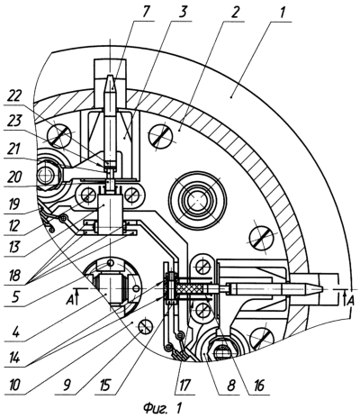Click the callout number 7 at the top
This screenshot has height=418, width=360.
pyautogui.click(x=145, y=12)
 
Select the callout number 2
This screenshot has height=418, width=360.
pyautogui.click(x=235, y=12)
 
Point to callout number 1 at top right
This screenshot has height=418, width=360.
pyautogui.click(x=282, y=12)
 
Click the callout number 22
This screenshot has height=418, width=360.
pyautogui.click(x=14, y=97)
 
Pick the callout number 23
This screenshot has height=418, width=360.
pyautogui.click(x=14, y=122)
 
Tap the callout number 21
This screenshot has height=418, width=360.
pyautogui.click(x=13, y=150)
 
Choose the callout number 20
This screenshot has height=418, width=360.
pyautogui.click(x=13, y=177)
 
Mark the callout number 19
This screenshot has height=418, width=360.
pyautogui.click(x=13, y=204)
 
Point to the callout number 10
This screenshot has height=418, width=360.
pyautogui.click(x=14, y=385)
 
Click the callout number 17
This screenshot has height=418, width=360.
pyautogui.click(x=184, y=386)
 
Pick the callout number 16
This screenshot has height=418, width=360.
pyautogui.click(x=259, y=386)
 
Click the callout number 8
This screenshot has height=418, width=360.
pyautogui.click(x=231, y=386)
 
